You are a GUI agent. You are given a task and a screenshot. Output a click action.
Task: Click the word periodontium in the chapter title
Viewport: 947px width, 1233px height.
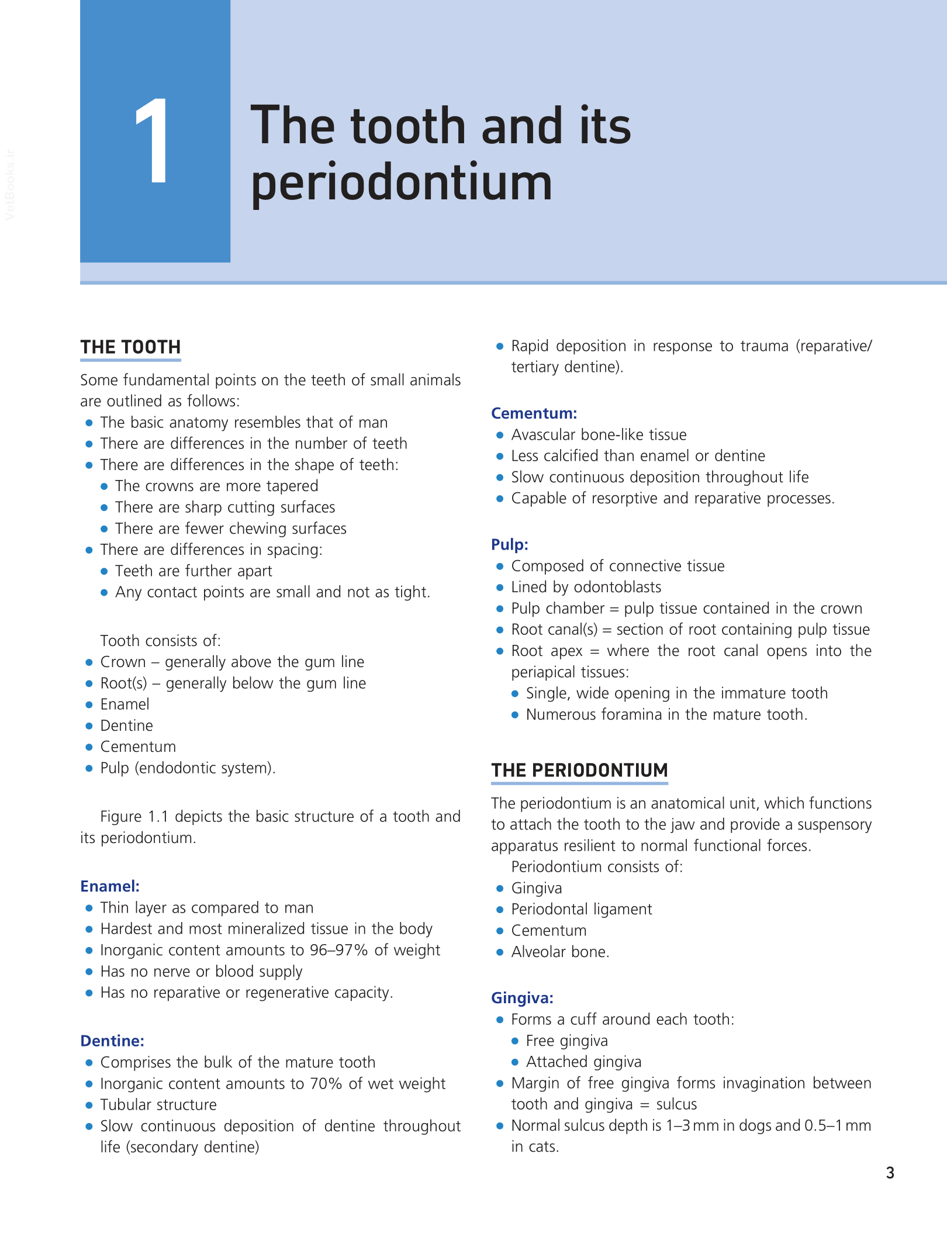point(401,182)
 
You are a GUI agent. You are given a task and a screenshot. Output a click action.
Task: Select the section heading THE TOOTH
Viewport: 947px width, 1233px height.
point(130,347)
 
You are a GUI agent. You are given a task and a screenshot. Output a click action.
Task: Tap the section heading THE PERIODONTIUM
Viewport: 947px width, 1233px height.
point(579,771)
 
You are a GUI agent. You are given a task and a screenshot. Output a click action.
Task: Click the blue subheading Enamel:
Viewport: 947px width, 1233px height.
point(110,886)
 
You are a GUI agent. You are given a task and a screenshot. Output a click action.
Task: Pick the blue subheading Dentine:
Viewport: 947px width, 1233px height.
point(112,1041)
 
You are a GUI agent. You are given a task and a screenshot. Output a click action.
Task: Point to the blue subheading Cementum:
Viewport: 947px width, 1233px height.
point(534,413)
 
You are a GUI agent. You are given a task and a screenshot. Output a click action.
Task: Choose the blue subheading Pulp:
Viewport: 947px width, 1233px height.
point(509,545)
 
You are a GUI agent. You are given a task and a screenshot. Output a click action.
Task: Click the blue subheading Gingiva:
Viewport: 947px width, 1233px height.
point(522,998)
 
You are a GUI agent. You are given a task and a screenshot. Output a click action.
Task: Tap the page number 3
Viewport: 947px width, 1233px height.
point(890,1173)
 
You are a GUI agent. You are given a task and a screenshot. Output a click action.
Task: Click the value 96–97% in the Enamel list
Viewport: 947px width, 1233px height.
point(338,950)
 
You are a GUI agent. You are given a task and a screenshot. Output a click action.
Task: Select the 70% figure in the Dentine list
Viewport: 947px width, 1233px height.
point(326,1084)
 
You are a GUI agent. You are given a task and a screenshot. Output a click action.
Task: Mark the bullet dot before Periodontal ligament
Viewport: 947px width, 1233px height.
point(500,910)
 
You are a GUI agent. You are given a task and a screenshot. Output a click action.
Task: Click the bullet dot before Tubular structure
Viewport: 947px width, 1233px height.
point(89,1105)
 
